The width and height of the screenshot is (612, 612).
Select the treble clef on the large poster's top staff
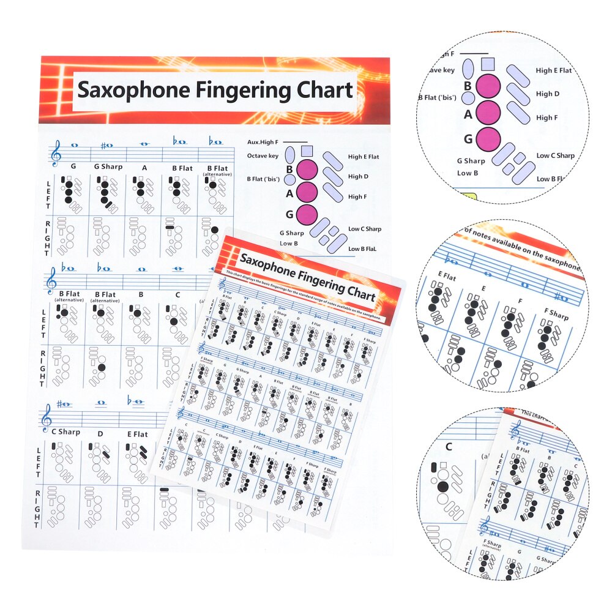[x=56, y=153]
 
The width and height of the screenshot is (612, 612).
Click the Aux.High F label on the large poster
[x=263, y=142]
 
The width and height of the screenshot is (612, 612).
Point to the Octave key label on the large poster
[x=263, y=156]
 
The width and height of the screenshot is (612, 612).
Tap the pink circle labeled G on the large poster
[x=307, y=215]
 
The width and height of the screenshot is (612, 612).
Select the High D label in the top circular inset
[x=548, y=94]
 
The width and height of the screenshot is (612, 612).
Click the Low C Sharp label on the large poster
[x=365, y=229]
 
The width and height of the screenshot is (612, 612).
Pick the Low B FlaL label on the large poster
[x=363, y=249]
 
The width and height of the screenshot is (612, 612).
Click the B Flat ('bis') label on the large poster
[x=263, y=179]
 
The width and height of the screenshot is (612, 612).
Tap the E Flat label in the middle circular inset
[x=447, y=277]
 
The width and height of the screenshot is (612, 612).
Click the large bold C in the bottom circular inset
[x=449, y=447]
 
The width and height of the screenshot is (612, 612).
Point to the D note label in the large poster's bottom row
[x=101, y=434]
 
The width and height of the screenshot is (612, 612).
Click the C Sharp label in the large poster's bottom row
[x=65, y=431]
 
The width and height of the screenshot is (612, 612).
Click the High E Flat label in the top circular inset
[x=554, y=70]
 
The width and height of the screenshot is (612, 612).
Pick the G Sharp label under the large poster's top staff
[x=108, y=166]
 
